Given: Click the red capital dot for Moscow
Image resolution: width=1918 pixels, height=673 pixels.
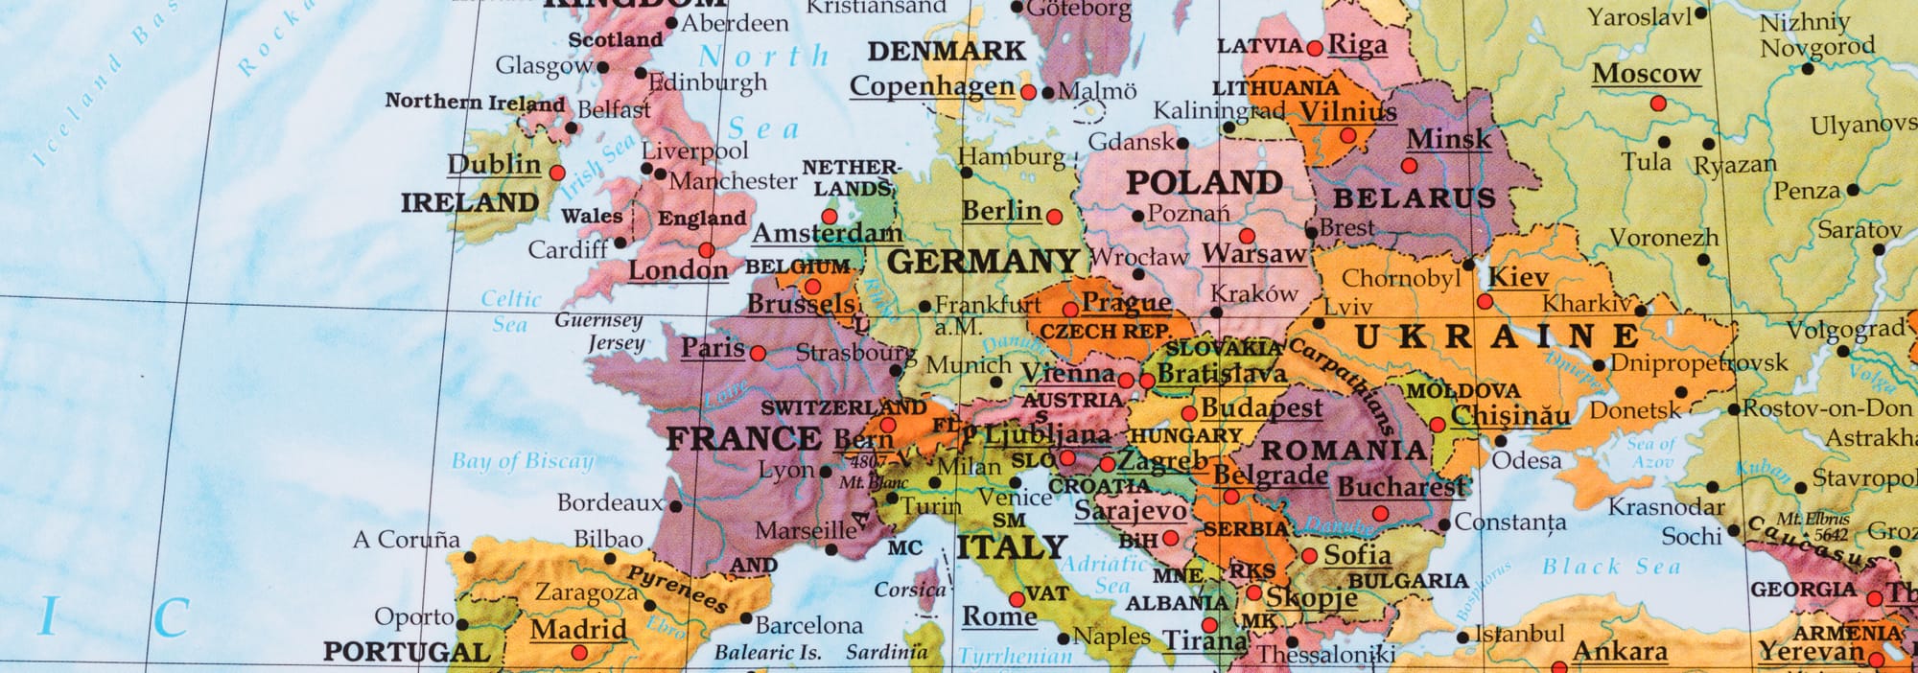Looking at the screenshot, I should (x=1658, y=103).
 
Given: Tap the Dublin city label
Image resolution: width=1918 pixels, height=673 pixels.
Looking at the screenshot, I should (x=494, y=164).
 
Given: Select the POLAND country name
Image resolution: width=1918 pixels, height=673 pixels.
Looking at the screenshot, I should (x=1204, y=181).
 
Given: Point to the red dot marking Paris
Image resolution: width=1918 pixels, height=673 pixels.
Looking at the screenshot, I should (x=758, y=353).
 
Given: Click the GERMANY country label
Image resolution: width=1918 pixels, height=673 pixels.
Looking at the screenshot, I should (x=983, y=261).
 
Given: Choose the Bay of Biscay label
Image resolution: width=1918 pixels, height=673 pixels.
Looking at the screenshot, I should (x=523, y=461).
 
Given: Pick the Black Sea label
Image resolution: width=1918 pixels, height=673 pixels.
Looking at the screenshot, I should (x=1611, y=567).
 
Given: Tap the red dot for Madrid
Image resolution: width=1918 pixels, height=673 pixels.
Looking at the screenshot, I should (x=578, y=653).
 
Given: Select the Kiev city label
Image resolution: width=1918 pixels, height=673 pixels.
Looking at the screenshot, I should (x=1518, y=277).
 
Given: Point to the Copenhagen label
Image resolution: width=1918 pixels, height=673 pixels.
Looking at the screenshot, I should (x=931, y=86).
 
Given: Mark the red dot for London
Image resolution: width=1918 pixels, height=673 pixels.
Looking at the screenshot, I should (x=706, y=250).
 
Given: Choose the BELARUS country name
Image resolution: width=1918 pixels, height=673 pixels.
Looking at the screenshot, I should (x=1415, y=198).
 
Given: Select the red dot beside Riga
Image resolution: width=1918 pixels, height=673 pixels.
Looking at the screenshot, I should (x=1315, y=48).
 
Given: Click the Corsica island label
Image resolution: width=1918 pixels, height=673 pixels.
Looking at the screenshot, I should (x=909, y=590).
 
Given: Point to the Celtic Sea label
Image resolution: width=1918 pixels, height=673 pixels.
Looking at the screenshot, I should (x=510, y=312).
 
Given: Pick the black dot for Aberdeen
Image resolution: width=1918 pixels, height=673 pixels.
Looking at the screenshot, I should (x=672, y=24).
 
